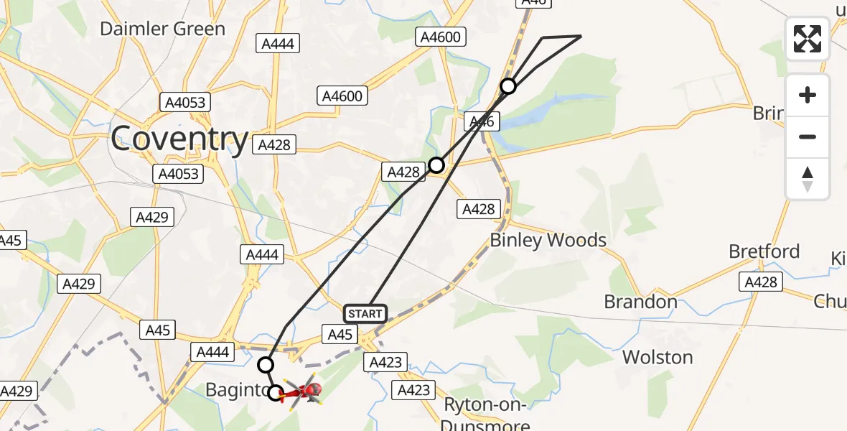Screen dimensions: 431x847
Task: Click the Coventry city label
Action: pyautogui.click(x=179, y=138)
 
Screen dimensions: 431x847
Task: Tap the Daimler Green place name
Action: pyautogui.click(x=162, y=29)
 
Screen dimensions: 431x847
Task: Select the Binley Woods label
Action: pyautogui.click(x=548, y=240)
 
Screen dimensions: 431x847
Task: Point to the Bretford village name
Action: pyautogui.click(x=764, y=251)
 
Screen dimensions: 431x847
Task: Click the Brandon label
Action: pyautogui.click(x=640, y=302)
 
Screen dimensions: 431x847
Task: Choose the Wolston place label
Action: pyautogui.click(x=657, y=357)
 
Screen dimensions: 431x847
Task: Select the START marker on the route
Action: pyautogui.click(x=365, y=314)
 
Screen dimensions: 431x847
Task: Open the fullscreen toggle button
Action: pyautogui.click(x=808, y=39)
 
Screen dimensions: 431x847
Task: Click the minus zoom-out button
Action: pyautogui.click(x=808, y=136)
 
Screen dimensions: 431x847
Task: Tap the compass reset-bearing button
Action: pyautogui.click(x=808, y=178)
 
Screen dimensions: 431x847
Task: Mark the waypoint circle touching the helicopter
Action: pyautogui.click(x=276, y=393)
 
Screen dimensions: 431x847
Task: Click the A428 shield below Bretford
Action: pyautogui.click(x=761, y=282)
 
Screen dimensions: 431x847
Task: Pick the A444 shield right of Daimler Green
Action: pyautogui.click(x=277, y=44)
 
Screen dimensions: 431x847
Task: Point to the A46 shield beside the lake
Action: pyautogui.click(x=481, y=122)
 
